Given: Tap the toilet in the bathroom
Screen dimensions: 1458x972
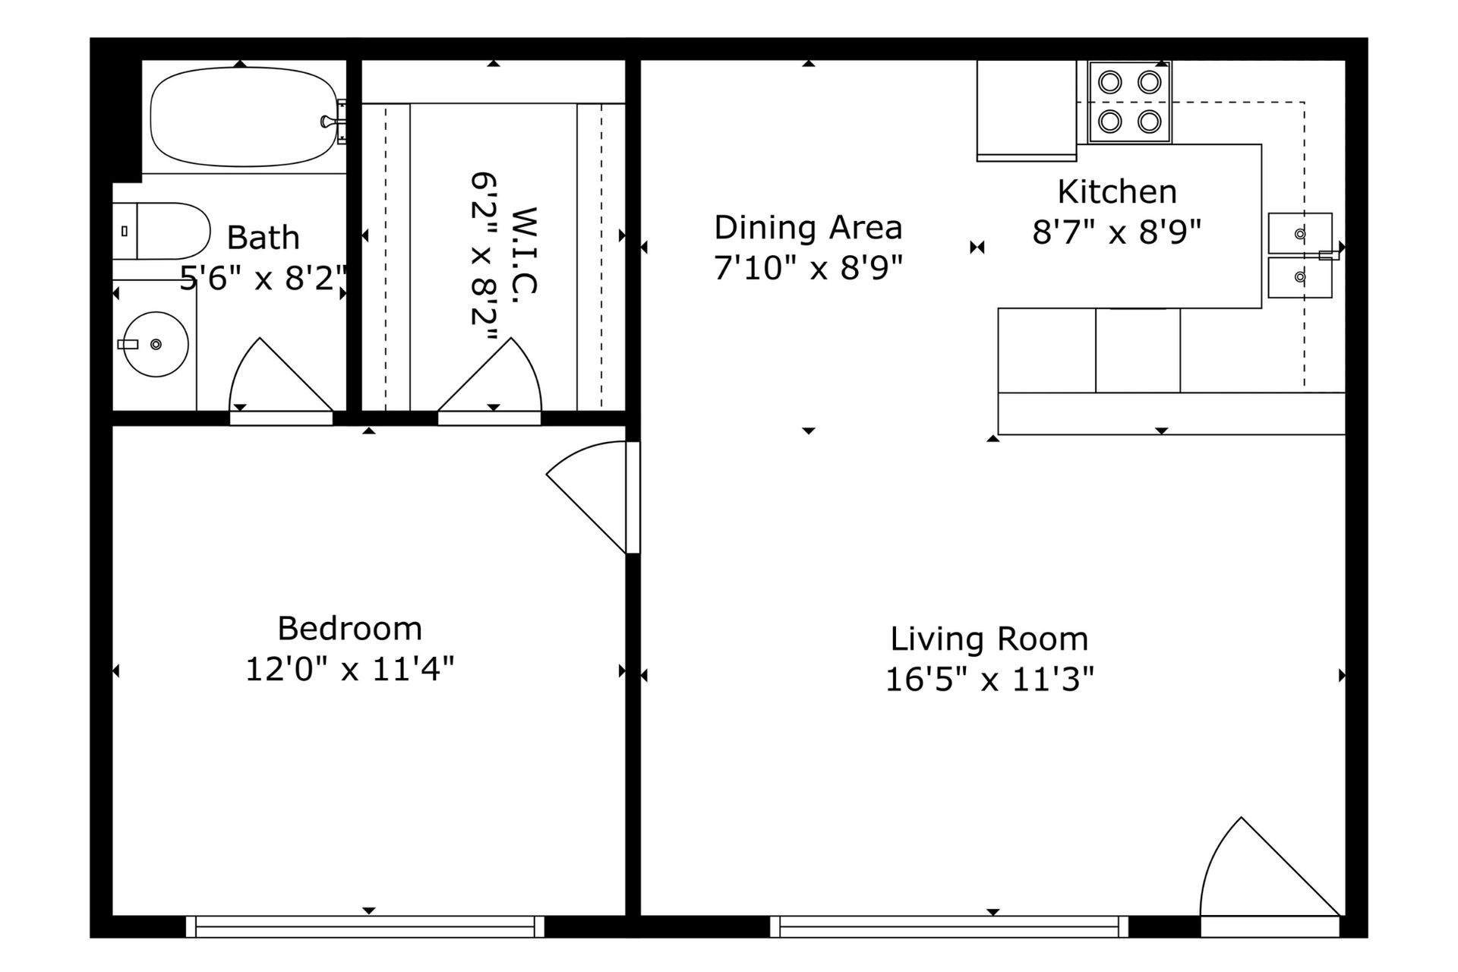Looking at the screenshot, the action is pos(161,231).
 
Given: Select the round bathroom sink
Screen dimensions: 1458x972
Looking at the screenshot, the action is pos(156,344).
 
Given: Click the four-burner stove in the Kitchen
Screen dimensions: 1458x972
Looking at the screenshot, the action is pos(1130,102).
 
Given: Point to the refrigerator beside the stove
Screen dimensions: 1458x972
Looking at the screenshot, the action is pos(1027,111).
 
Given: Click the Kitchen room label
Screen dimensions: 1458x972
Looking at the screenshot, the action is pos(1117,191).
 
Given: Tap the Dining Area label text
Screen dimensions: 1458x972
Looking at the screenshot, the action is pos(808,227).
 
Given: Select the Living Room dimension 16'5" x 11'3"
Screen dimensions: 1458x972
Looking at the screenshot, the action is pos(989,679).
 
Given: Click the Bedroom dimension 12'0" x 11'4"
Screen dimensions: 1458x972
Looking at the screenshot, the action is pos(349,669).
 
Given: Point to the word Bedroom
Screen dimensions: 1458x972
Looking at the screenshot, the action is pos(349,628).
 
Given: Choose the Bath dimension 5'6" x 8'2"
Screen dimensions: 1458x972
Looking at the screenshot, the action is pos(264,278).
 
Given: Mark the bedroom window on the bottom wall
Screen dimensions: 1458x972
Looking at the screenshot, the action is pos(365,926).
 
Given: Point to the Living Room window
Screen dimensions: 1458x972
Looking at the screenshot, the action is pos(949,926).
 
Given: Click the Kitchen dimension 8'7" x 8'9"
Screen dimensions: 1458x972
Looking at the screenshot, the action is pos(1117,232).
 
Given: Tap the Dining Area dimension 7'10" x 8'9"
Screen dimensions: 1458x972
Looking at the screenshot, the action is pos(808,267).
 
